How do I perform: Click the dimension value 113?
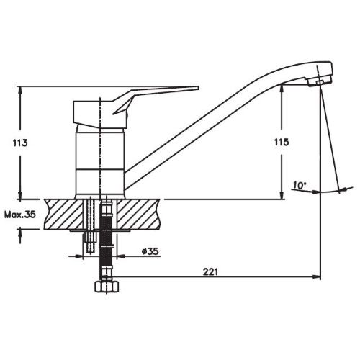tap(20, 143)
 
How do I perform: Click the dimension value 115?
tap(282, 143)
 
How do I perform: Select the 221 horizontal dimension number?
tap(210, 272)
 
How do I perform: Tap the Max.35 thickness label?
tap(20, 215)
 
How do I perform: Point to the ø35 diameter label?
tap(150, 251)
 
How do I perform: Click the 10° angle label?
tap(300, 185)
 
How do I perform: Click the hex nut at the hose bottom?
tap(107, 286)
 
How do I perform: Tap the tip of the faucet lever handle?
tap(199, 88)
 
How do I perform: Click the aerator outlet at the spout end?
tap(319, 83)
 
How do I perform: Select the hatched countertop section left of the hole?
tap(64, 214)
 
